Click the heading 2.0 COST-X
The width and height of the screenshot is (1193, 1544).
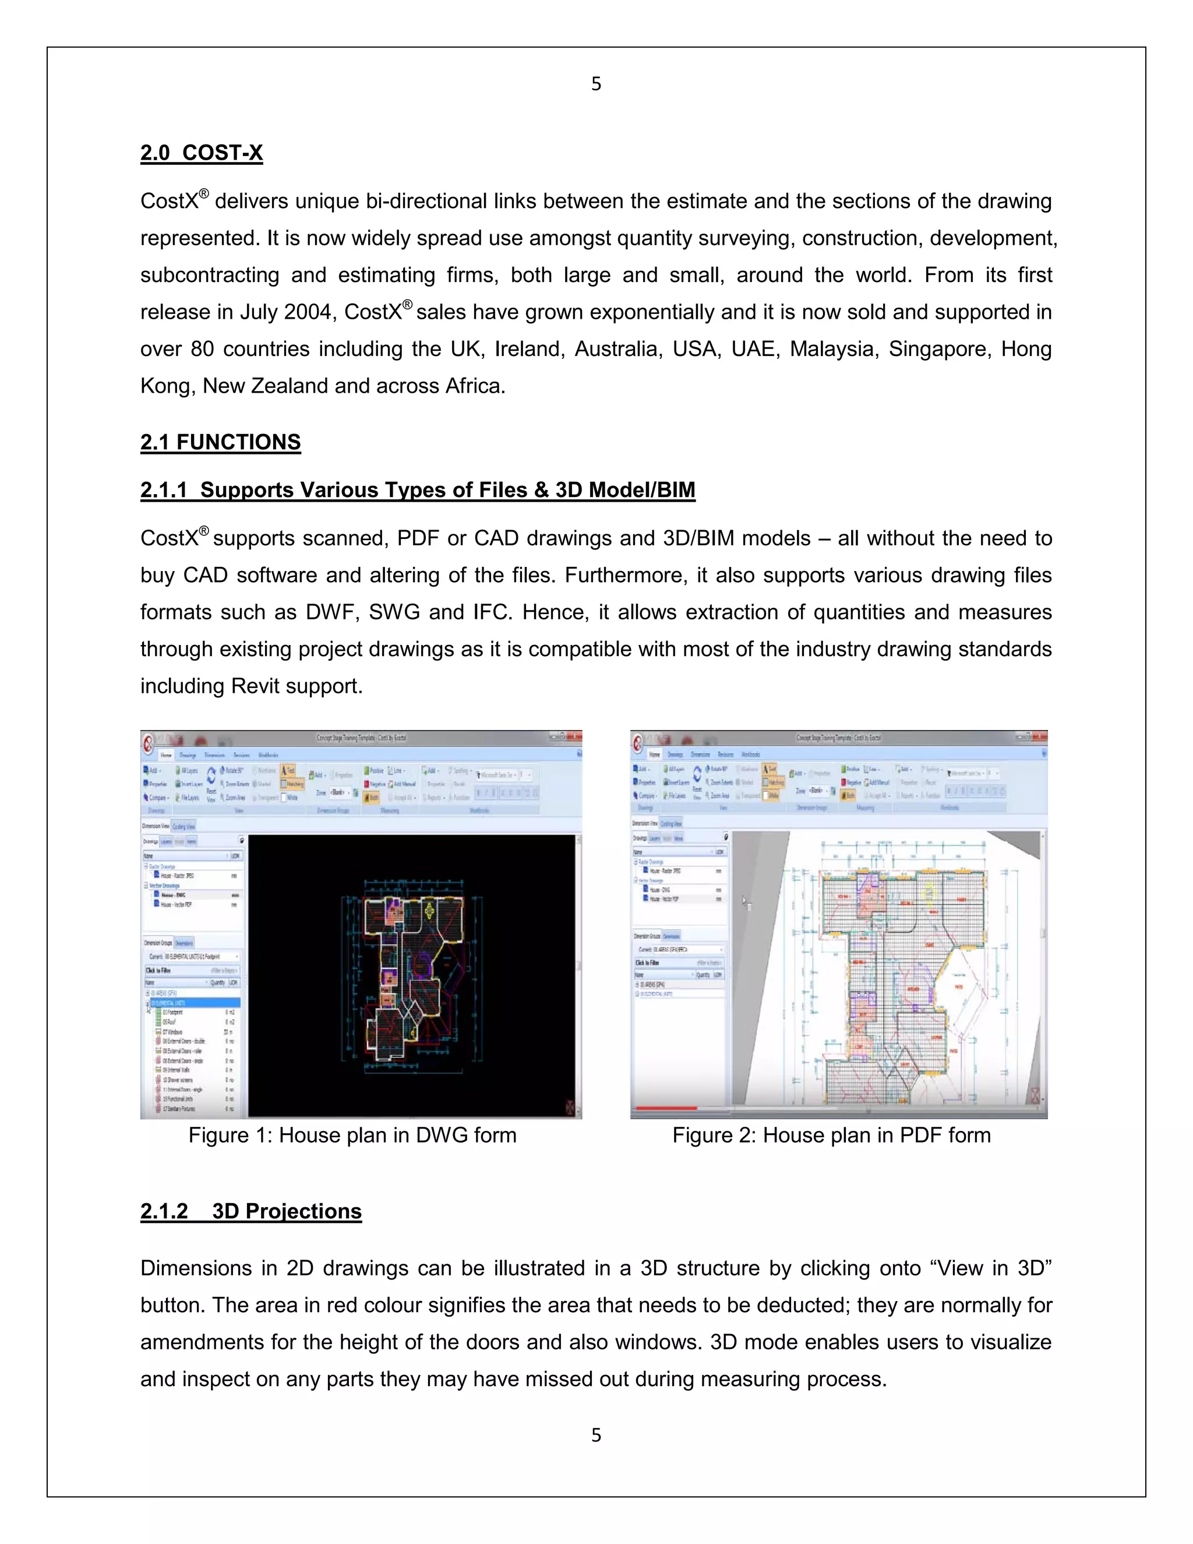[202, 153]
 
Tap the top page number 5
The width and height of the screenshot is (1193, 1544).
[596, 84]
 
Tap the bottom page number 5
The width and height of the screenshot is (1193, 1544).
[596, 1434]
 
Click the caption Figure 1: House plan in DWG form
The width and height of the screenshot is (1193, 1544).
[352, 1136]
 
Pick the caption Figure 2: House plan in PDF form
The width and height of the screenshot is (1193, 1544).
[831, 1136]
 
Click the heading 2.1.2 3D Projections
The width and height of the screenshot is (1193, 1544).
[251, 1211]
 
